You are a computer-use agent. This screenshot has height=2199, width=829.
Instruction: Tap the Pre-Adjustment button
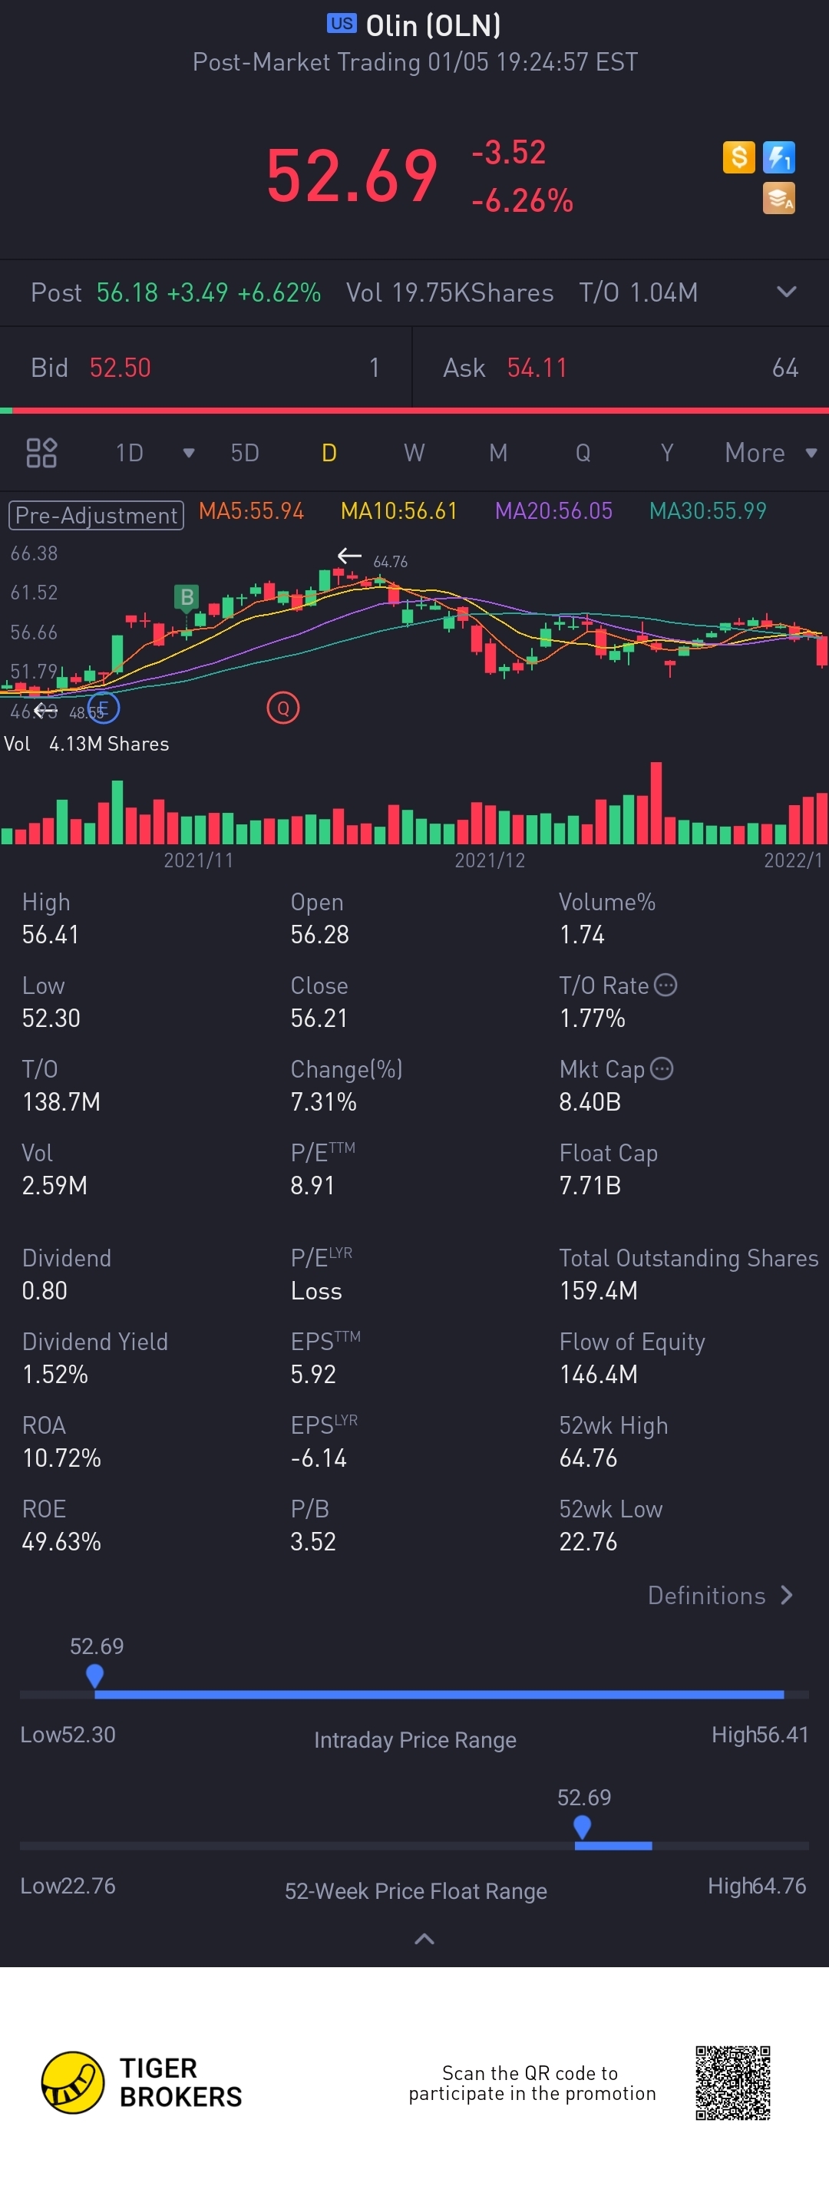point(96,515)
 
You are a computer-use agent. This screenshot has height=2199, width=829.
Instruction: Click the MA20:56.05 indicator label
point(553,511)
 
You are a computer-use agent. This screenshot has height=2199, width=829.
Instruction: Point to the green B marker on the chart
point(186,596)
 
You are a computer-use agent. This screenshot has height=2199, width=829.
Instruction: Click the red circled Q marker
point(282,708)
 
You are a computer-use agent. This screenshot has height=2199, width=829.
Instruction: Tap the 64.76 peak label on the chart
point(390,562)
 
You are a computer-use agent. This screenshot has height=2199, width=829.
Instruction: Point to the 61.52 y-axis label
point(34,593)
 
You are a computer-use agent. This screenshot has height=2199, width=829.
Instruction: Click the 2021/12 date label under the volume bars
point(489,860)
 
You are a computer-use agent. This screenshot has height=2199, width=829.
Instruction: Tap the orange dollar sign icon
point(738,157)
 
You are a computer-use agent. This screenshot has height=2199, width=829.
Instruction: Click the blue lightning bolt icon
point(778,157)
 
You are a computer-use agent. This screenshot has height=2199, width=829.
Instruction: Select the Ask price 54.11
point(537,368)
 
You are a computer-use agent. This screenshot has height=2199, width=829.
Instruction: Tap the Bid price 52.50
point(121,368)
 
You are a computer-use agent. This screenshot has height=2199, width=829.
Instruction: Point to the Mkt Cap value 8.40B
point(590,1102)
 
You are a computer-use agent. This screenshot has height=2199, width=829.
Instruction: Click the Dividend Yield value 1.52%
point(55,1375)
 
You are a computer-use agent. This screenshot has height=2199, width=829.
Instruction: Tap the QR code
point(732,2083)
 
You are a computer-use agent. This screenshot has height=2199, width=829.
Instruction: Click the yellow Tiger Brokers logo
point(73,2083)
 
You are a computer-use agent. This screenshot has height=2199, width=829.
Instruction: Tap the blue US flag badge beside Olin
point(342,24)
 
